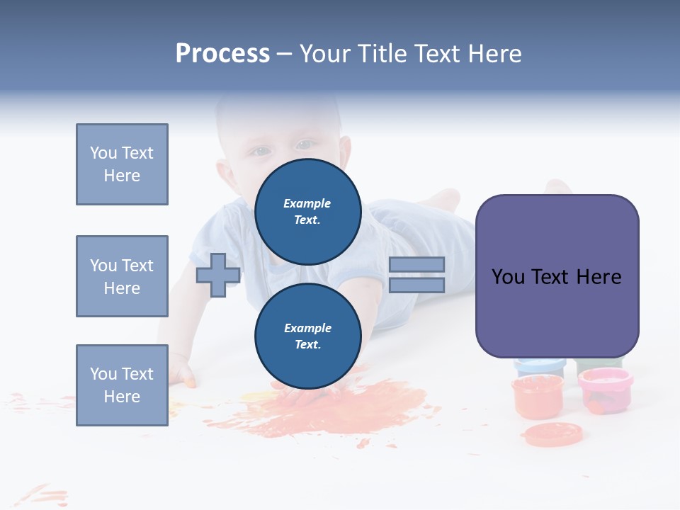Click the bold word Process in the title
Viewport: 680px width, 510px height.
click(222, 54)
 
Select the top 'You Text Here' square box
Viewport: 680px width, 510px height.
click(122, 164)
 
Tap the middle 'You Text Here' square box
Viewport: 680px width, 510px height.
click(122, 276)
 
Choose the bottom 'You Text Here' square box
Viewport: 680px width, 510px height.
click(122, 385)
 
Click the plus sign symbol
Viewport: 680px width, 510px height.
click(218, 275)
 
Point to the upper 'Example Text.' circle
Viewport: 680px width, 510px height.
click(307, 211)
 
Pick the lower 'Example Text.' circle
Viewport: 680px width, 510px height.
click(307, 336)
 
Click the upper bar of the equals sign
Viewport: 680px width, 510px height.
click(416, 264)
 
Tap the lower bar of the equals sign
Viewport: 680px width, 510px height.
click(416, 285)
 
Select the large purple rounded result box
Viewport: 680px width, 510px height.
click(557, 276)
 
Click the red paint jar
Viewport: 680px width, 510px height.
click(538, 396)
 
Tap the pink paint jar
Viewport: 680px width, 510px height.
click(605, 390)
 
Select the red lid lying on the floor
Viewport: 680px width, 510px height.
click(552, 433)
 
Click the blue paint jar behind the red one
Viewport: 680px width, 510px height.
click(540, 366)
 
